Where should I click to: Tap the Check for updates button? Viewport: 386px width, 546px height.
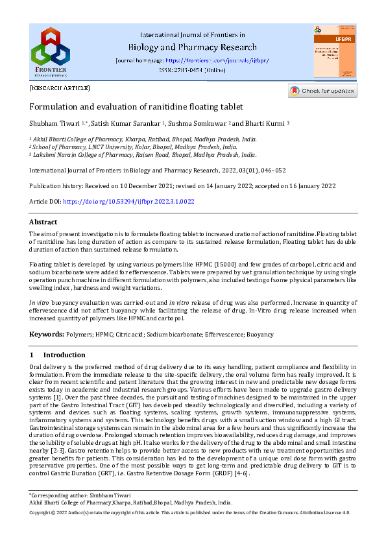click(322, 91)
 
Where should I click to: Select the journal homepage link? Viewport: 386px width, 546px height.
click(226, 60)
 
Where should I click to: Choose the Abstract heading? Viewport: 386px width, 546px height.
click(43, 222)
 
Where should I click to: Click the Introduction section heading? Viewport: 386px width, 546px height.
click(64, 355)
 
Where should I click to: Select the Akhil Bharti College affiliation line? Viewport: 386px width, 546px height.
click(144, 139)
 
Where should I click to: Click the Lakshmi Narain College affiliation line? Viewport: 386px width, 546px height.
click(144, 155)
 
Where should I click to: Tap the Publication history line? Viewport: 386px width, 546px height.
click(175, 185)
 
